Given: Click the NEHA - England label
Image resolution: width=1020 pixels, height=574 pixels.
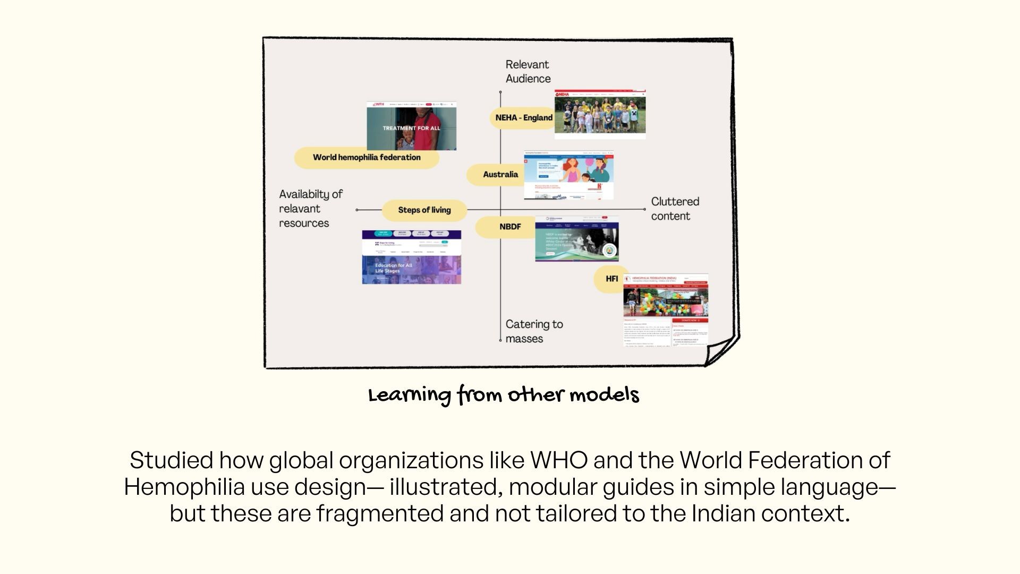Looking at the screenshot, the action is click(523, 117).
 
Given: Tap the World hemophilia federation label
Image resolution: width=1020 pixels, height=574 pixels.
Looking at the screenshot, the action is click(367, 157).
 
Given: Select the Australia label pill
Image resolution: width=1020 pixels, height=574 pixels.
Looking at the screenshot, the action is click(500, 174).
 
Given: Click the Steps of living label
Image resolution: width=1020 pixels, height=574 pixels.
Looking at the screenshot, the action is click(424, 210).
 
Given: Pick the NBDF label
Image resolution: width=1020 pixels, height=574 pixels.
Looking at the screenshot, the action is click(509, 227).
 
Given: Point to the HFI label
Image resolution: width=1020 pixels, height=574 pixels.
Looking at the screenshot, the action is click(611, 279).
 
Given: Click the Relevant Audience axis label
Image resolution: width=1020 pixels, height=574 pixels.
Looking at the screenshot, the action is click(528, 72).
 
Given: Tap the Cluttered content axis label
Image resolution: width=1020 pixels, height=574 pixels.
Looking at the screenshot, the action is click(675, 209).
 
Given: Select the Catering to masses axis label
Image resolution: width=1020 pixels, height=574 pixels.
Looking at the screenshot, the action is click(534, 331).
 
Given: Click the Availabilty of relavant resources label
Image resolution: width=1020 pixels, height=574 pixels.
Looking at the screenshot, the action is click(311, 209).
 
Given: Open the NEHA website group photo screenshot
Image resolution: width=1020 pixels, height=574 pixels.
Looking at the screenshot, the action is click(600, 114).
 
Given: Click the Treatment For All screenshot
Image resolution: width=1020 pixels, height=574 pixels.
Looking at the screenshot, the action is click(411, 126).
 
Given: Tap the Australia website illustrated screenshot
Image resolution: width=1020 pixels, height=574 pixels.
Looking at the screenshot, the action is click(568, 175).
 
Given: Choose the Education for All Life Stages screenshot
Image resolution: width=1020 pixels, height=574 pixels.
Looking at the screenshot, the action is click(411, 257).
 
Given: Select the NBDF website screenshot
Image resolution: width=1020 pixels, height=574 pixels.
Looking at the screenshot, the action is click(576, 239).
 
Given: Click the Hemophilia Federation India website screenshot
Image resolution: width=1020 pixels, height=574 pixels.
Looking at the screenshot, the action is click(665, 309).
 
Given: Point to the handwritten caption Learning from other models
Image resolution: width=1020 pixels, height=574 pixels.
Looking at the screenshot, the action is click(504, 395).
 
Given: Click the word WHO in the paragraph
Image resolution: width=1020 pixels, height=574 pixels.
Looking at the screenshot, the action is click(559, 460).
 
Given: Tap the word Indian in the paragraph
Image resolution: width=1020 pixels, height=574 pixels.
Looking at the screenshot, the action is click(723, 513).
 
